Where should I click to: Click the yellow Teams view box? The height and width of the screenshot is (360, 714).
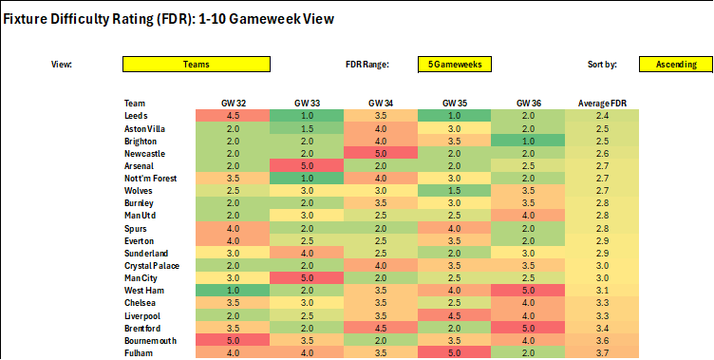tap(197, 65)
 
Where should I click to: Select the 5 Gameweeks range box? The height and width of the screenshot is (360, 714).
tap(454, 65)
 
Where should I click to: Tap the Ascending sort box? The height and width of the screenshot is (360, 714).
tap(675, 65)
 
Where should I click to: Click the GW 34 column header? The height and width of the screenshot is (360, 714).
tap(380, 103)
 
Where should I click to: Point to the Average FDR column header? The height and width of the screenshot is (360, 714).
tap(601, 103)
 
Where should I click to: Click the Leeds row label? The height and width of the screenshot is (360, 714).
tap(137, 115)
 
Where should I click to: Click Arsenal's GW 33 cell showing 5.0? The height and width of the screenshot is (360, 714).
tap(306, 164)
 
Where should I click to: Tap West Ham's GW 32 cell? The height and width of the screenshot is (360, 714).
tap(232, 289)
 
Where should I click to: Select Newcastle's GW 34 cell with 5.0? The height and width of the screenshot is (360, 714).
tap(380, 152)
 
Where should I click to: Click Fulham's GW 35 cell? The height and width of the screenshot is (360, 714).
tap(454, 351)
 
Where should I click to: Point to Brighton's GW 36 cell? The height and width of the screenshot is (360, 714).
tap(528, 140)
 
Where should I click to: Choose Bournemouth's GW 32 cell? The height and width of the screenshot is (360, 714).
tap(232, 338)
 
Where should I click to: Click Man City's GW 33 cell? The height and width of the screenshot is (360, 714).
tap(306, 276)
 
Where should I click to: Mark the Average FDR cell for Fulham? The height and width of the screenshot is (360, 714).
tap(601, 351)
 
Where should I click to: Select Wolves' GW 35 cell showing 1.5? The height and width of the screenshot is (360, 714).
tap(454, 190)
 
